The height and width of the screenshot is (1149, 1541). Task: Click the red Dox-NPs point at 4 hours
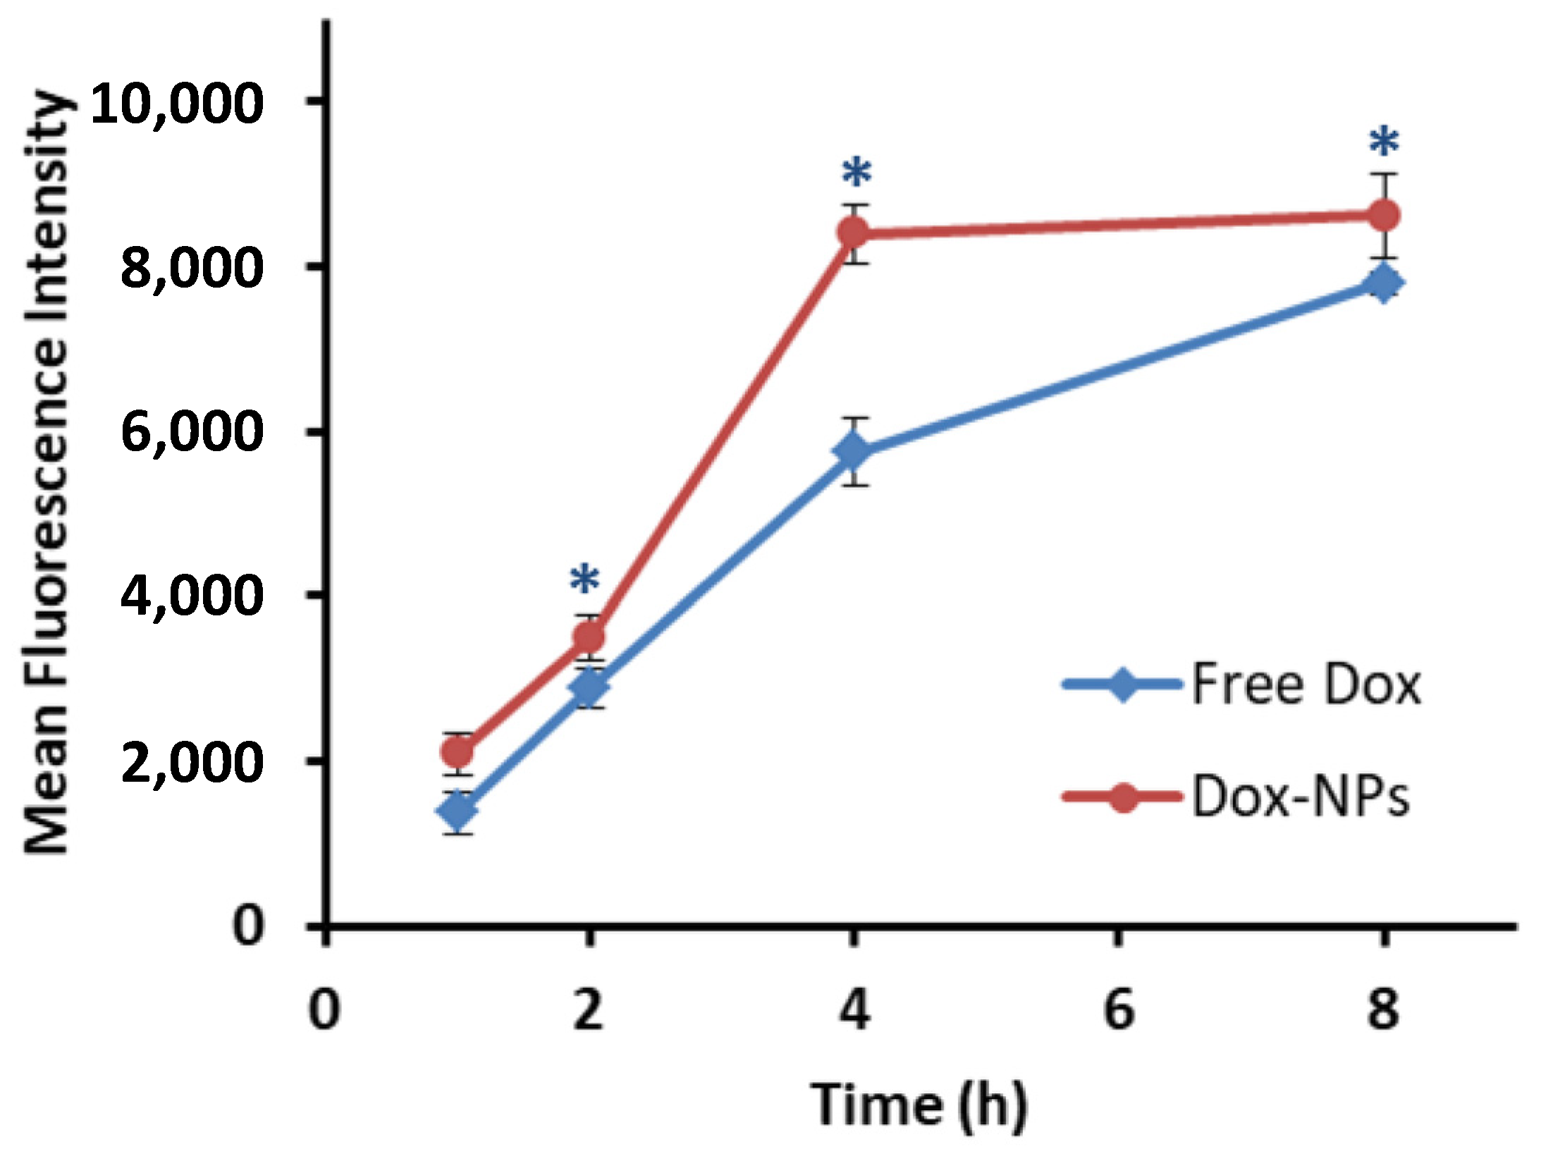[x=854, y=233]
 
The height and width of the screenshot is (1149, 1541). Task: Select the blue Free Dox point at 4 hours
[x=854, y=451]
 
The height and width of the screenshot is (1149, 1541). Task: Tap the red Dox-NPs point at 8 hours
[x=1384, y=216]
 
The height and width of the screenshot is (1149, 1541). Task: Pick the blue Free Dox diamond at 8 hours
[x=1384, y=283]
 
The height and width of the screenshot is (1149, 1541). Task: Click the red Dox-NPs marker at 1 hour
[x=458, y=753]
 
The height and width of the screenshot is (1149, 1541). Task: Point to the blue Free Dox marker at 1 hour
[x=458, y=811]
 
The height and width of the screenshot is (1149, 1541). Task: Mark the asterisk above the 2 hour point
[x=585, y=579]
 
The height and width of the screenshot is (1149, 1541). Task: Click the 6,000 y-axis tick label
[x=192, y=432]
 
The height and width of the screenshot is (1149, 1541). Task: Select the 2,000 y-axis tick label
[x=192, y=761]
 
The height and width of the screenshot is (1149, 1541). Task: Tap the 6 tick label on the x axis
[x=1119, y=1009]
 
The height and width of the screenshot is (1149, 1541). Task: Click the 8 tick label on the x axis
[x=1383, y=1009]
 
